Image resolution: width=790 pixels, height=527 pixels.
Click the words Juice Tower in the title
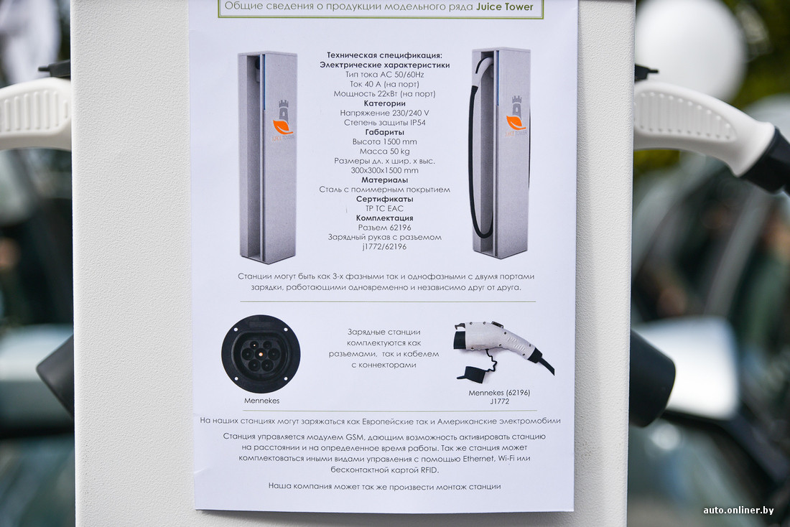[x=504, y=6]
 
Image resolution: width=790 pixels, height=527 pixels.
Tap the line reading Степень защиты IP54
[x=385, y=123]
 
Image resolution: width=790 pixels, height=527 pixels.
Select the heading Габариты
[x=384, y=132]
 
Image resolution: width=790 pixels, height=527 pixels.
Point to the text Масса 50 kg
[x=384, y=151]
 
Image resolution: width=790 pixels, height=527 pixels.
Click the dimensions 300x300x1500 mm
[x=384, y=170]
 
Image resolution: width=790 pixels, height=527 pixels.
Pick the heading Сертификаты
[x=384, y=199]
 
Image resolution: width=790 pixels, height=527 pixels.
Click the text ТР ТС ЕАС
[x=384, y=209]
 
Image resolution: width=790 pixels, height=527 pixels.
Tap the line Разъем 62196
[x=384, y=228]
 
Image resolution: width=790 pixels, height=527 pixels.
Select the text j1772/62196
[x=384, y=247]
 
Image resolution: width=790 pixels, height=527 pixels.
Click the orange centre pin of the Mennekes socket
[x=261, y=354]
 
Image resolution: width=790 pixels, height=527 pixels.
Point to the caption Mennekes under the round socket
[x=261, y=401]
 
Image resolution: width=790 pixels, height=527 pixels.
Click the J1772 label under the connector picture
[x=499, y=401]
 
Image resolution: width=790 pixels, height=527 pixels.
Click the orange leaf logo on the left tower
[x=282, y=126]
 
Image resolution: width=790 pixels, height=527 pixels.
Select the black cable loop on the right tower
[x=475, y=151]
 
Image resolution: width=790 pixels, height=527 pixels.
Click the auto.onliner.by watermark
[x=738, y=510]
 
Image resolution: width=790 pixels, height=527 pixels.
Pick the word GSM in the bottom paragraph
[x=354, y=437]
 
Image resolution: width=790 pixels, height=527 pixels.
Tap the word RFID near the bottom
[x=429, y=470]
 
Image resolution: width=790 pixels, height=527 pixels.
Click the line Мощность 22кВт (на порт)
[x=384, y=94]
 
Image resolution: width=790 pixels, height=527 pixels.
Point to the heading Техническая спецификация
[x=384, y=55]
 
